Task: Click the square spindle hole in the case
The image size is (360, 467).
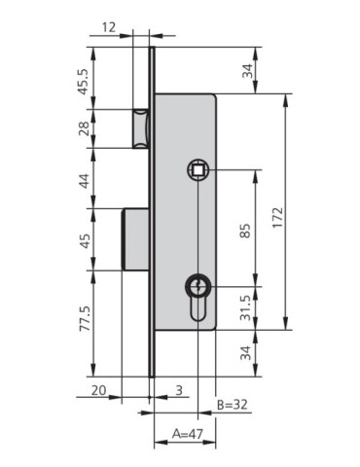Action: [x=198, y=170]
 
